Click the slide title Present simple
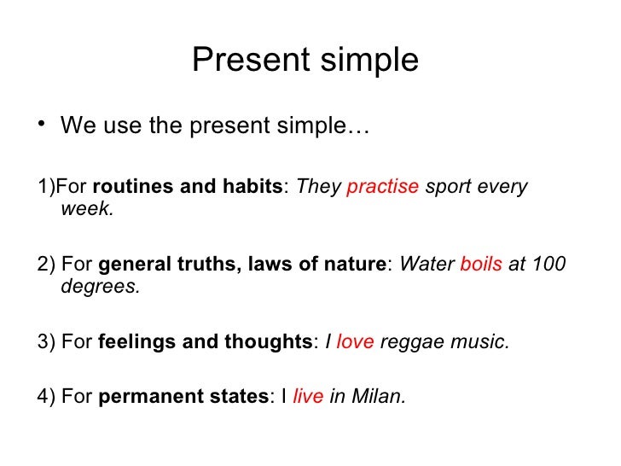point(305,61)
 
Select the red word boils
point(481,265)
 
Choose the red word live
point(307,398)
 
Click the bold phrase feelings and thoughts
point(206,343)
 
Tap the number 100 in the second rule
point(548,265)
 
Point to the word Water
point(427,265)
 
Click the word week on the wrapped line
point(86,208)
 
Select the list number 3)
point(47,343)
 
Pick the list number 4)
point(47,398)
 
